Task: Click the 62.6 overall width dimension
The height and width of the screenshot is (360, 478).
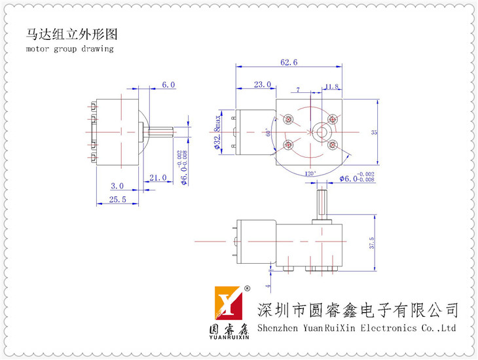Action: click(x=289, y=63)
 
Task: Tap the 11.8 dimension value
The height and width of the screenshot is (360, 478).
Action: click(x=331, y=86)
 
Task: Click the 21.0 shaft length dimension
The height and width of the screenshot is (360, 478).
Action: click(x=158, y=177)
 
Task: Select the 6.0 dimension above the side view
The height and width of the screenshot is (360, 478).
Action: click(x=168, y=84)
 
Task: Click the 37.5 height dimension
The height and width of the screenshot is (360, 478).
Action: click(x=372, y=244)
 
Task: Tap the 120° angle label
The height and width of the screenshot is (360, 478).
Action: click(x=311, y=173)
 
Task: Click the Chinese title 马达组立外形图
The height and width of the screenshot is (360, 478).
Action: click(x=72, y=34)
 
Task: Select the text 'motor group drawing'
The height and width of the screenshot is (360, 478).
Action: click(x=70, y=48)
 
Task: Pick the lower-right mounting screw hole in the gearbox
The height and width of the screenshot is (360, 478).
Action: click(x=333, y=144)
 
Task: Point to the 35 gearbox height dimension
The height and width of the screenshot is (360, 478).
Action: click(x=374, y=132)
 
